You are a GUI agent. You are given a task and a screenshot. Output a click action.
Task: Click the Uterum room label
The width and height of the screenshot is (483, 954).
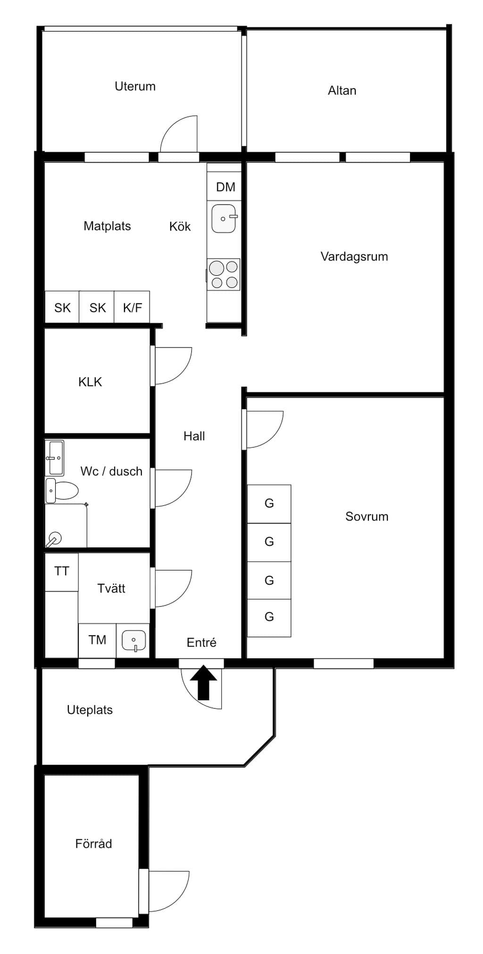pyautogui.click(x=135, y=86)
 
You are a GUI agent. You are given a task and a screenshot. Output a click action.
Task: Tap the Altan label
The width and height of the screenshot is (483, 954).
pyautogui.click(x=342, y=91)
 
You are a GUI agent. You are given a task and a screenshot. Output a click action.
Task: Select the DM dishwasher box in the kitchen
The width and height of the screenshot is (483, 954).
pyautogui.click(x=225, y=187)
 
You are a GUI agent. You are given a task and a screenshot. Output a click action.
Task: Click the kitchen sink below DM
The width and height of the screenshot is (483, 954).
pyautogui.click(x=224, y=218)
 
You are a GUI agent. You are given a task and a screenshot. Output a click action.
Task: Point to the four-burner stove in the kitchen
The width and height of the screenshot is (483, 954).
pyautogui.click(x=224, y=274)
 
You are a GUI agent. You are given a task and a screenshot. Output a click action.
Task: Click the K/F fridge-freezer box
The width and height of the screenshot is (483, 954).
pyautogui.click(x=132, y=307)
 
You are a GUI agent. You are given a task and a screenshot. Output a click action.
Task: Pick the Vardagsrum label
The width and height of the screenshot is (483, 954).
pyautogui.click(x=354, y=257)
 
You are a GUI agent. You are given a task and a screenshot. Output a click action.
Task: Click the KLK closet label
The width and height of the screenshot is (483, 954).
pyautogui.click(x=90, y=382)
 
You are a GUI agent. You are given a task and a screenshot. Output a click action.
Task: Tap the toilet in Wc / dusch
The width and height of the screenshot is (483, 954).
pyautogui.click(x=61, y=490)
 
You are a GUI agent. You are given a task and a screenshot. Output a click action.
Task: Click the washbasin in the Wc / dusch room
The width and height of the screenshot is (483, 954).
pyautogui.click(x=55, y=458)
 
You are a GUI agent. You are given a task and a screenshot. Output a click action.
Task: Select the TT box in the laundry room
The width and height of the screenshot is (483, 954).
pyautogui.click(x=62, y=572)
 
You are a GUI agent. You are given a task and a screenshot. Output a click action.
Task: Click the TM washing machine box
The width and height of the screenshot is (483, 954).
pyautogui.click(x=97, y=640)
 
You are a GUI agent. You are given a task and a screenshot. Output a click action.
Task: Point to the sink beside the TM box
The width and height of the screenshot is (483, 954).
pyautogui.click(x=133, y=641)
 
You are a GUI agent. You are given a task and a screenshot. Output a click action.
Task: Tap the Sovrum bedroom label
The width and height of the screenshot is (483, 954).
pyautogui.click(x=367, y=516)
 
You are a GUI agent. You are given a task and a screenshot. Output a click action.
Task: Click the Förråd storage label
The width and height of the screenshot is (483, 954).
pyautogui.click(x=93, y=843)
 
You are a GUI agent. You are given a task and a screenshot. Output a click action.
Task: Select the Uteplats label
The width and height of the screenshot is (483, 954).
pyautogui.click(x=90, y=710)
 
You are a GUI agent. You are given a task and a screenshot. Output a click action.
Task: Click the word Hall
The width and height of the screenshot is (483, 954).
pyautogui.click(x=194, y=436)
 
